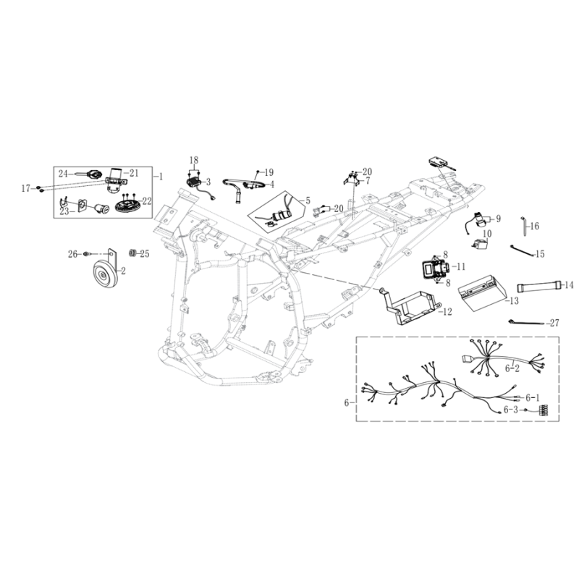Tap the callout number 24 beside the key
click(x=63, y=173)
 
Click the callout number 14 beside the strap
click(x=569, y=284)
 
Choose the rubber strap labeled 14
click(x=539, y=287)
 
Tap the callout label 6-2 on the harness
click(x=512, y=368)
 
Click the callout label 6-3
click(x=512, y=410)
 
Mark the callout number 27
click(x=554, y=323)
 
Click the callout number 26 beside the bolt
click(x=73, y=254)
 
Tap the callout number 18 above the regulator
click(x=194, y=160)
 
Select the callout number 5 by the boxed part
click(x=308, y=201)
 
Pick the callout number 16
click(x=534, y=226)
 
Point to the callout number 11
click(x=461, y=266)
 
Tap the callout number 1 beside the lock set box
click(x=160, y=177)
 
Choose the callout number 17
click(x=26, y=189)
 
